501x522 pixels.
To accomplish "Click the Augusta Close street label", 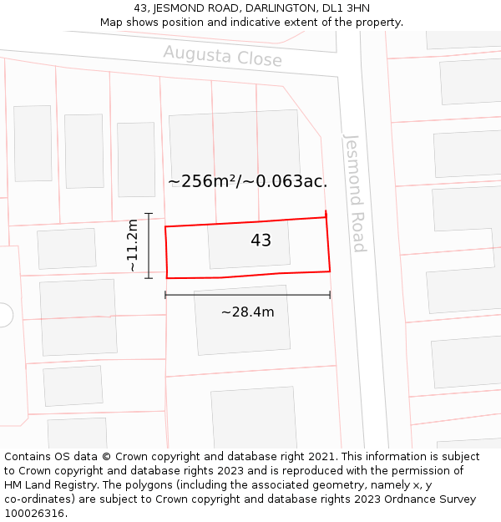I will pyautogui.click(x=222, y=57).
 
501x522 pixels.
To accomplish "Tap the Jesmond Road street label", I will pyautogui.click(x=355, y=192).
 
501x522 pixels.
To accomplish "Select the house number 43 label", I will pyautogui.click(x=261, y=241).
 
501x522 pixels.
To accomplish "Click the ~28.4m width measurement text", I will pyautogui.click(x=247, y=312).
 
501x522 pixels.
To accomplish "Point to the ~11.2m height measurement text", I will pyautogui.click(x=132, y=246).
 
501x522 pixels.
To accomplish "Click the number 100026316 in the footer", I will pyautogui.click(x=35, y=514).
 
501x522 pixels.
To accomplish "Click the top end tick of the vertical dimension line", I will pyautogui.click(x=149, y=214).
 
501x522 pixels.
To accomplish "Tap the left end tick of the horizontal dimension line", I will pyautogui.click(x=165, y=295).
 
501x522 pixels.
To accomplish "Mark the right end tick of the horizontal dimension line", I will pyautogui.click(x=330, y=295).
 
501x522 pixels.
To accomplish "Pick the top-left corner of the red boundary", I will pyautogui.click(x=165, y=226).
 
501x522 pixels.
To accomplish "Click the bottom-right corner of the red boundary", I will pyautogui.click(x=330, y=271).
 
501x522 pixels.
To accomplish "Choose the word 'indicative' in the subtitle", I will pyautogui.click(x=276, y=23).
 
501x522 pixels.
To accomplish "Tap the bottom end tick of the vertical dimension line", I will pyautogui.click(x=149, y=277).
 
